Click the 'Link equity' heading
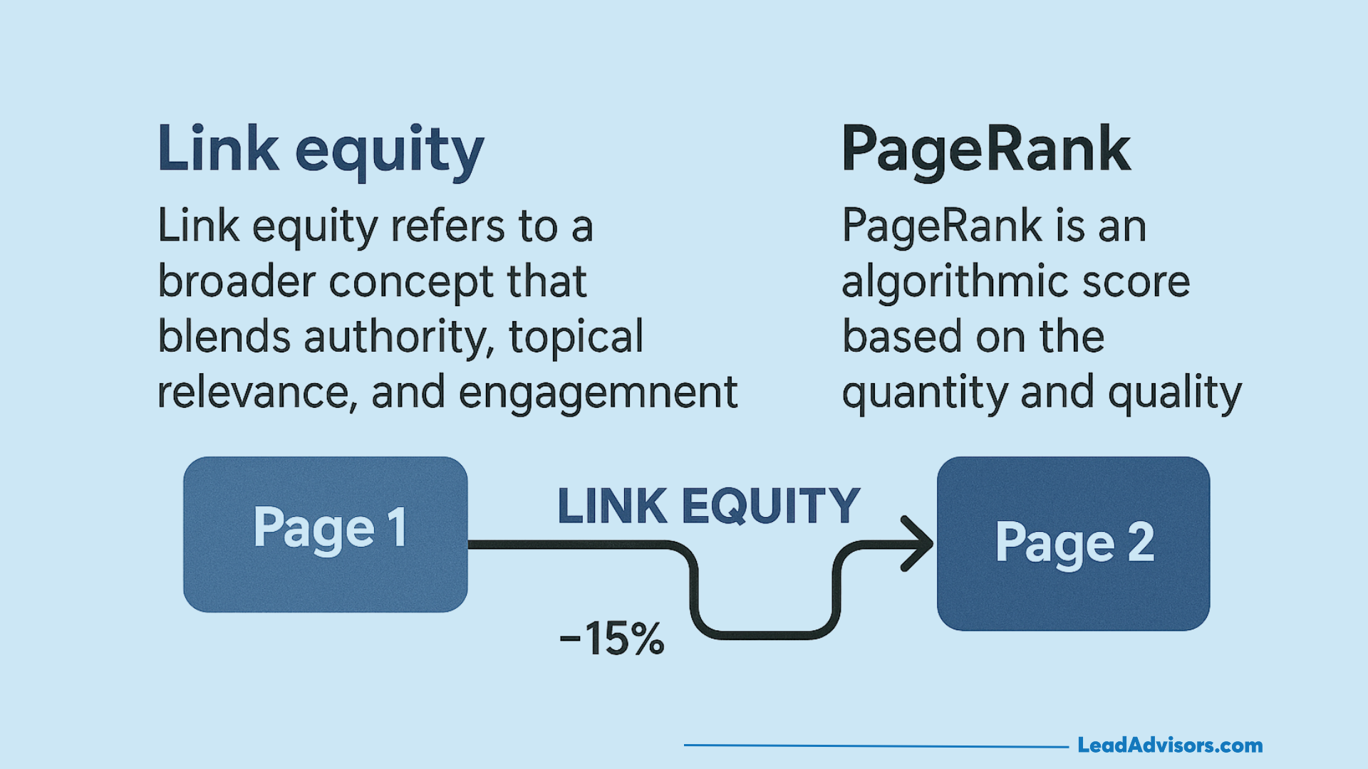click(x=321, y=150)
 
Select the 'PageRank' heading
click(x=985, y=150)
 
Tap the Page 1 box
click(x=326, y=534)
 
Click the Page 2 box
click(x=1073, y=543)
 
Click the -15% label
click(x=612, y=639)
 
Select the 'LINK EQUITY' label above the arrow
click(x=709, y=507)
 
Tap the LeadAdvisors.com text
click(x=1170, y=746)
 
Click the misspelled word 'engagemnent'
click(x=598, y=393)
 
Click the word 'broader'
click(x=236, y=281)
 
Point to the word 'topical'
click(x=576, y=337)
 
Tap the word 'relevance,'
click(x=256, y=393)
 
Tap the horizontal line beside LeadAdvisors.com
click(x=876, y=746)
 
